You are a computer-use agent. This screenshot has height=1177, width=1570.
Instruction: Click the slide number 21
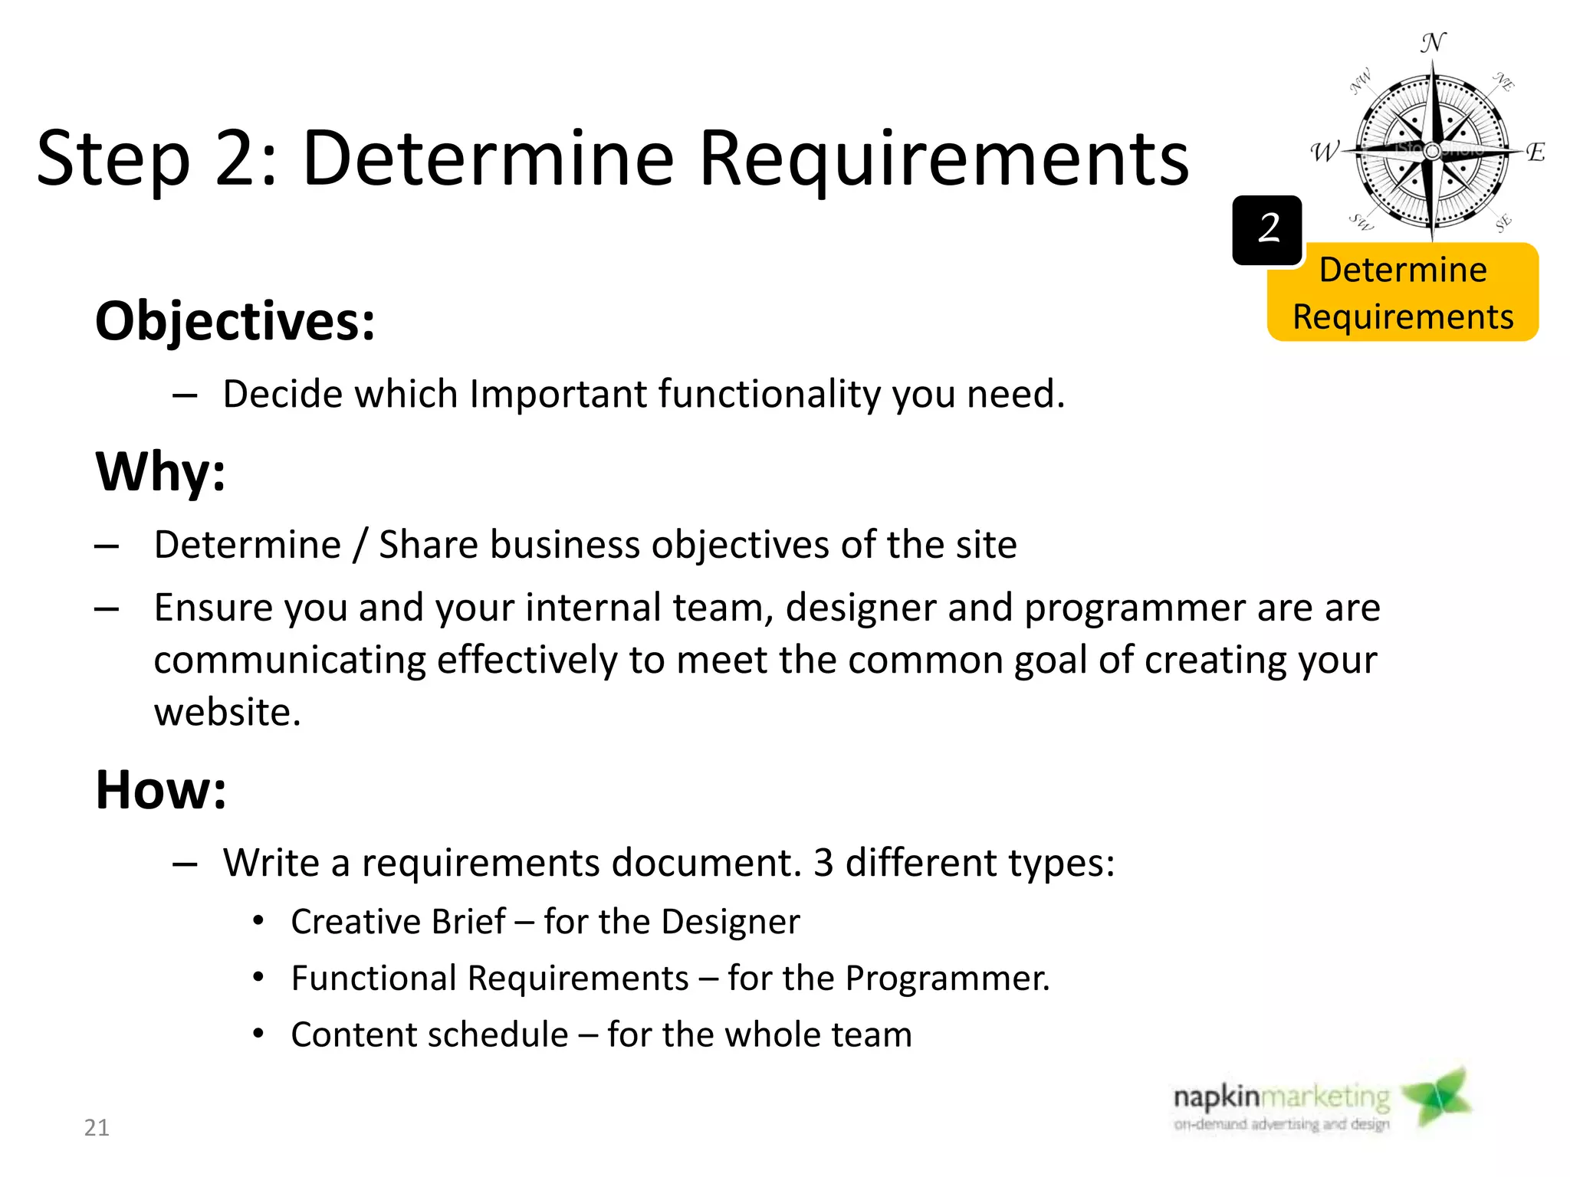click(97, 1127)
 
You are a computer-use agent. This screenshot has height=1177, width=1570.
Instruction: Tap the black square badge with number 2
click(1267, 230)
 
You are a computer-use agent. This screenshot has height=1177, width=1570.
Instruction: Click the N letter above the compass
click(1432, 43)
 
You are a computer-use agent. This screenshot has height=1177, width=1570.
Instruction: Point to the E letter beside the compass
click(1535, 152)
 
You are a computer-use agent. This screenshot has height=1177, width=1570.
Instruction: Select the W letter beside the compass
click(1324, 152)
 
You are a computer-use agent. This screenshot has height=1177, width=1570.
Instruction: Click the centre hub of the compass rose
click(1431, 152)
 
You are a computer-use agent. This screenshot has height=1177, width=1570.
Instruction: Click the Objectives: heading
click(235, 320)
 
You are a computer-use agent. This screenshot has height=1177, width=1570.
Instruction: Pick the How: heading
click(161, 789)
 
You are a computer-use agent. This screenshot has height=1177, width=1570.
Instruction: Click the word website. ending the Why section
click(227, 712)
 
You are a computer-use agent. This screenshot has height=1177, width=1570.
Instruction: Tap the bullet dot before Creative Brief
click(259, 920)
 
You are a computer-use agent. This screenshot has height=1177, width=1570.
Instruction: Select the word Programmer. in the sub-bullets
click(947, 978)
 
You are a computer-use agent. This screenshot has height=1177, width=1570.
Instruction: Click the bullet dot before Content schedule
click(259, 1033)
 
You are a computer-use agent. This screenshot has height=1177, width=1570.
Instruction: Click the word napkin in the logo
click(1216, 1097)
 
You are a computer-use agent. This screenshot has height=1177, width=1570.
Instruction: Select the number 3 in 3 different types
click(823, 862)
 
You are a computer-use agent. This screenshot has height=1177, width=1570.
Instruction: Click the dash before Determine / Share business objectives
click(107, 546)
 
